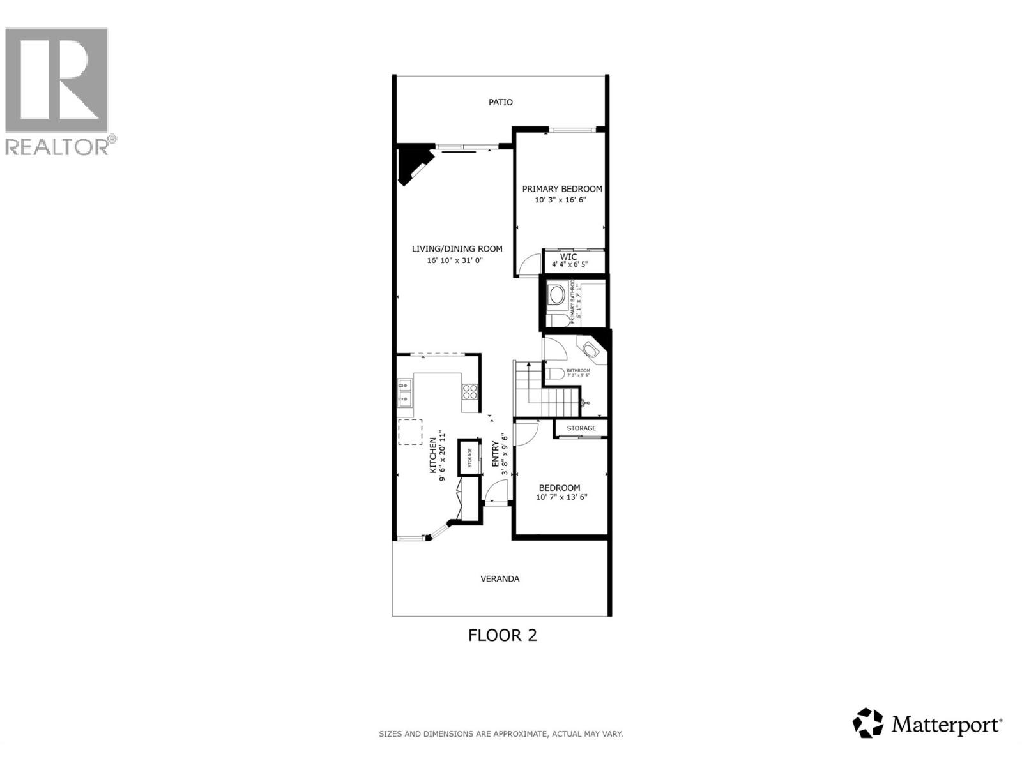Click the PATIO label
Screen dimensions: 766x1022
[500, 102]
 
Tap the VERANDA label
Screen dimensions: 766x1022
[500, 579]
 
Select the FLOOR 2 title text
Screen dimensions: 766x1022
[503, 635]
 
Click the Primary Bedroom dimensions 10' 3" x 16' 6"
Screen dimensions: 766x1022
[560, 200]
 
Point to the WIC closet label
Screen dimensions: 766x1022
[568, 257]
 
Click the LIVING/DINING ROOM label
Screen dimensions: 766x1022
[457, 249]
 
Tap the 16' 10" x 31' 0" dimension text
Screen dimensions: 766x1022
[455, 260]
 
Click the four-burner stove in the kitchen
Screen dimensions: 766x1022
[470, 391]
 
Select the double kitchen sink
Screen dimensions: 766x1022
[405, 393]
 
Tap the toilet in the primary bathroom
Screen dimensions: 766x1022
[554, 319]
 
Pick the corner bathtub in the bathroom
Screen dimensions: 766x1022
[590, 350]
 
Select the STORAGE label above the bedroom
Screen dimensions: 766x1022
[581, 428]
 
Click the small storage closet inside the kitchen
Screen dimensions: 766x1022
[469, 457]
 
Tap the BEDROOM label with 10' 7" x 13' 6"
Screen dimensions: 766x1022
[560, 488]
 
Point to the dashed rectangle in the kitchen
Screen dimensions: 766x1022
[410, 432]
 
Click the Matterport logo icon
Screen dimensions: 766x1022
[868, 724]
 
